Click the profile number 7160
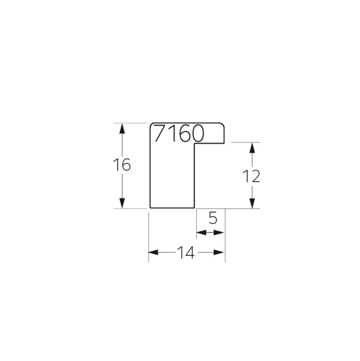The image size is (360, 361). coord(179,133)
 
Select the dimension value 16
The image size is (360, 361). coord(122,165)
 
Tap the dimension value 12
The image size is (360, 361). coord(251,177)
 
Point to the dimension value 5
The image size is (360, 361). coord(213,218)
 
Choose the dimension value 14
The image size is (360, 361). coord(186,252)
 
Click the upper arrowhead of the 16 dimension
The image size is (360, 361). coord(122,129)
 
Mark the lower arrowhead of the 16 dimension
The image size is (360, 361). coord(122,203)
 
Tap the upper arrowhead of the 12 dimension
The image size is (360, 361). coord(253,148)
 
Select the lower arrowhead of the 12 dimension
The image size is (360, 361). coord(253,203)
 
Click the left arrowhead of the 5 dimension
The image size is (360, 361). coord(202,232)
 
